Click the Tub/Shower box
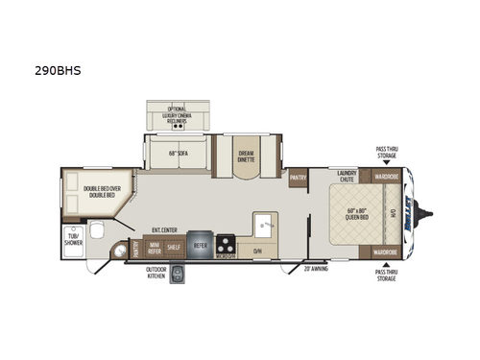73,237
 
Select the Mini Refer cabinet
153,247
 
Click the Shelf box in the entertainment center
173,247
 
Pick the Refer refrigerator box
201,245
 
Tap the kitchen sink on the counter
263,228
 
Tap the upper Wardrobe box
387,177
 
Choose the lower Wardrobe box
387,252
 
